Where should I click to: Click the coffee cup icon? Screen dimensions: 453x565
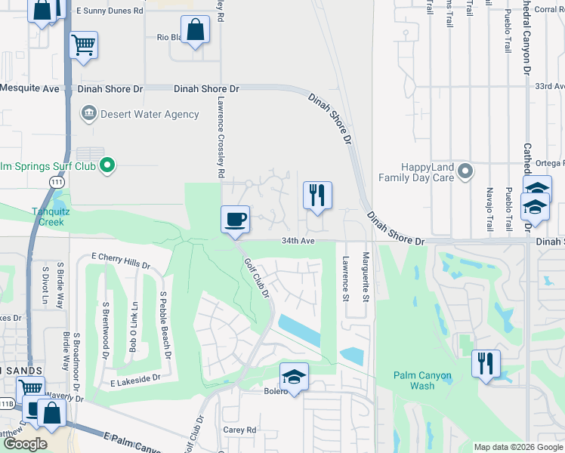[235, 219]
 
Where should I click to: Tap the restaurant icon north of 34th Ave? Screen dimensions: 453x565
[317, 195]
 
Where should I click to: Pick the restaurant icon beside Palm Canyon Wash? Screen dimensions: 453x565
[486, 363]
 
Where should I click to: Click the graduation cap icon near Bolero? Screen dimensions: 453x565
[294, 376]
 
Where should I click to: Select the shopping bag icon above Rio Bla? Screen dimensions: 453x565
[195, 30]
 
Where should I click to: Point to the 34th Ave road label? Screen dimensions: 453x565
[297, 241]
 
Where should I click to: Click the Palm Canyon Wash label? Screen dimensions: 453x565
[424, 381]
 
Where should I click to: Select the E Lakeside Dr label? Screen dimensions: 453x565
[136, 377]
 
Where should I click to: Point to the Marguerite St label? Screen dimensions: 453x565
[366, 279]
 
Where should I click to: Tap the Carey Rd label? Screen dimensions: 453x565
[240, 430]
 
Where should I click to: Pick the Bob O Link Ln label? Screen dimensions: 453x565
[134, 328]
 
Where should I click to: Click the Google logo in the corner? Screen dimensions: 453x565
[25, 444]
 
